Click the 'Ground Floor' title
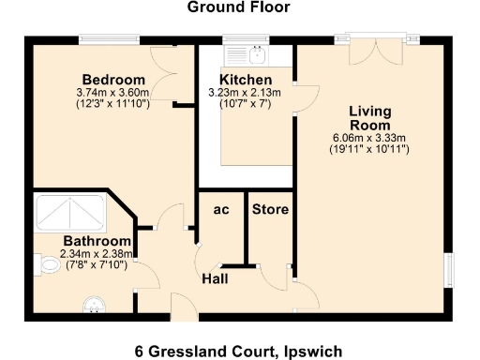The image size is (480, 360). [x=238, y=8]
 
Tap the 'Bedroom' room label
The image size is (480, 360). [x=112, y=79]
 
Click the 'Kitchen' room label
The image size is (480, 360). [x=246, y=80]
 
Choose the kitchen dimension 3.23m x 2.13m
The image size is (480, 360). [x=246, y=93]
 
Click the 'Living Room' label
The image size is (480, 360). [x=369, y=118]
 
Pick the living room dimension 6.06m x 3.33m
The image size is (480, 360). [x=369, y=138]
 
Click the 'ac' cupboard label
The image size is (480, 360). [x=221, y=209]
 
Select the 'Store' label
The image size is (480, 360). [x=270, y=209]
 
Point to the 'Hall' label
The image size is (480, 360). [x=218, y=278]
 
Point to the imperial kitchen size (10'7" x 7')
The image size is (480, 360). [x=246, y=104]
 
